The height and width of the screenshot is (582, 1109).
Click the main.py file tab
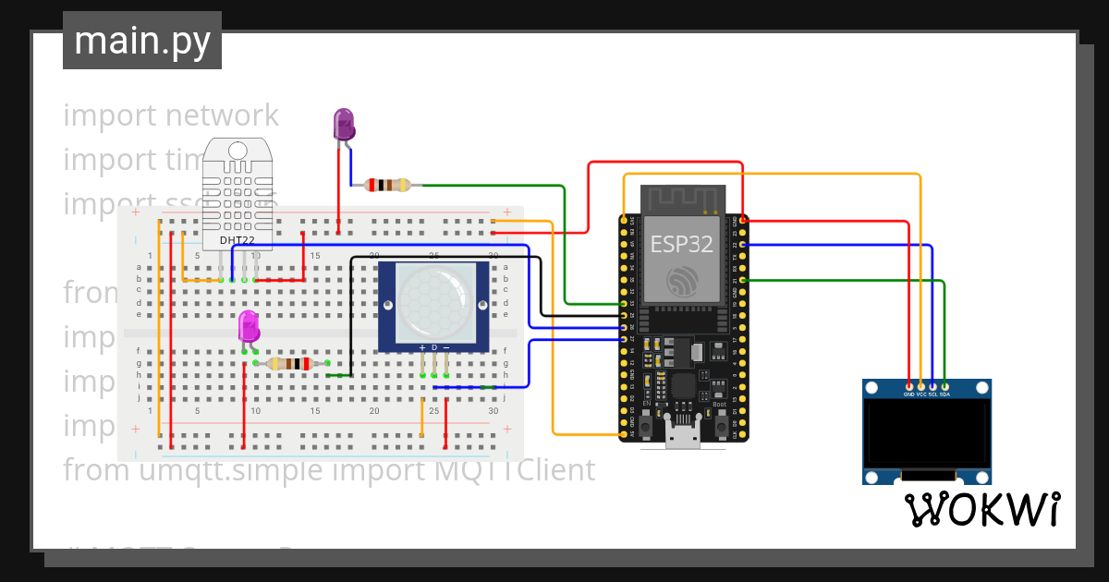click(141, 42)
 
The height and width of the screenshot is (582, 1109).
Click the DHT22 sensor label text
click(238, 240)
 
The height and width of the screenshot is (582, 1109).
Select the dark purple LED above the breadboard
click(343, 124)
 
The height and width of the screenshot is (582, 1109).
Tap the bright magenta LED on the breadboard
click(249, 326)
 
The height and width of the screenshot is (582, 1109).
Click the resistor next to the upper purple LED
click(387, 185)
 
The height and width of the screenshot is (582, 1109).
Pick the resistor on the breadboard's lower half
click(293, 364)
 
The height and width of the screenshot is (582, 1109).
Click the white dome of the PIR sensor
click(433, 304)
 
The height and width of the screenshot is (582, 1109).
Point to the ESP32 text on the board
click(682, 244)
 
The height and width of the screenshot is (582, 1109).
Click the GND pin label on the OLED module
click(909, 394)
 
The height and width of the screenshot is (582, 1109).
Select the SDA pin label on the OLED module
click(944, 394)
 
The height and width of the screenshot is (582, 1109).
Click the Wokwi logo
click(981, 509)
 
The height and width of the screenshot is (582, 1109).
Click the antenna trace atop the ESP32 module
click(682, 199)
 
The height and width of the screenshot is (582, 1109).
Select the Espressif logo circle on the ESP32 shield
click(682, 279)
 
